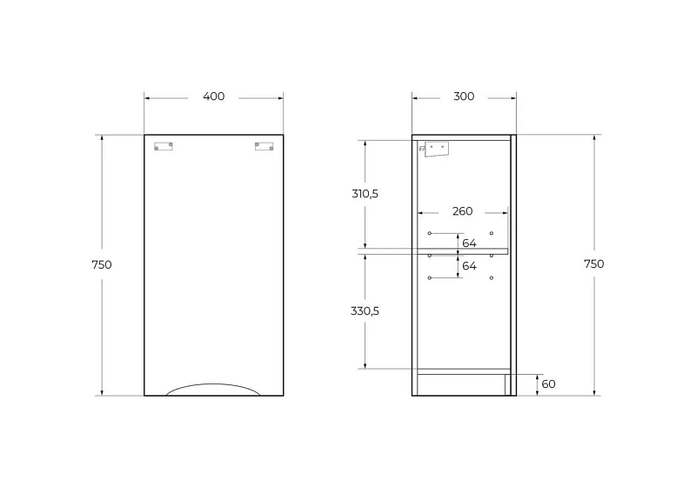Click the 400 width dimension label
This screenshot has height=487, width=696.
pyautogui.click(x=213, y=97)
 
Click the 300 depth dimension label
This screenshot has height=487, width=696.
pyautogui.click(x=464, y=97)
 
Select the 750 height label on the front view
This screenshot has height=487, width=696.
pyautogui.click(x=102, y=264)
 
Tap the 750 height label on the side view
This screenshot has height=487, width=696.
pyautogui.click(x=594, y=264)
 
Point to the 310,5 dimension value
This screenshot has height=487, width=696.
pyautogui.click(x=365, y=194)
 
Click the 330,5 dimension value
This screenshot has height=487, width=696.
pyautogui.click(x=365, y=311)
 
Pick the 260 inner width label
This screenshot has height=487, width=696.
pyautogui.click(x=463, y=211)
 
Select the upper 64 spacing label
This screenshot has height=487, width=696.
pyautogui.click(x=469, y=243)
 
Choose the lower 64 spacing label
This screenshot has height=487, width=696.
pyautogui.click(x=469, y=266)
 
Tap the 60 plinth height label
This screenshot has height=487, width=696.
pyautogui.click(x=549, y=384)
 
